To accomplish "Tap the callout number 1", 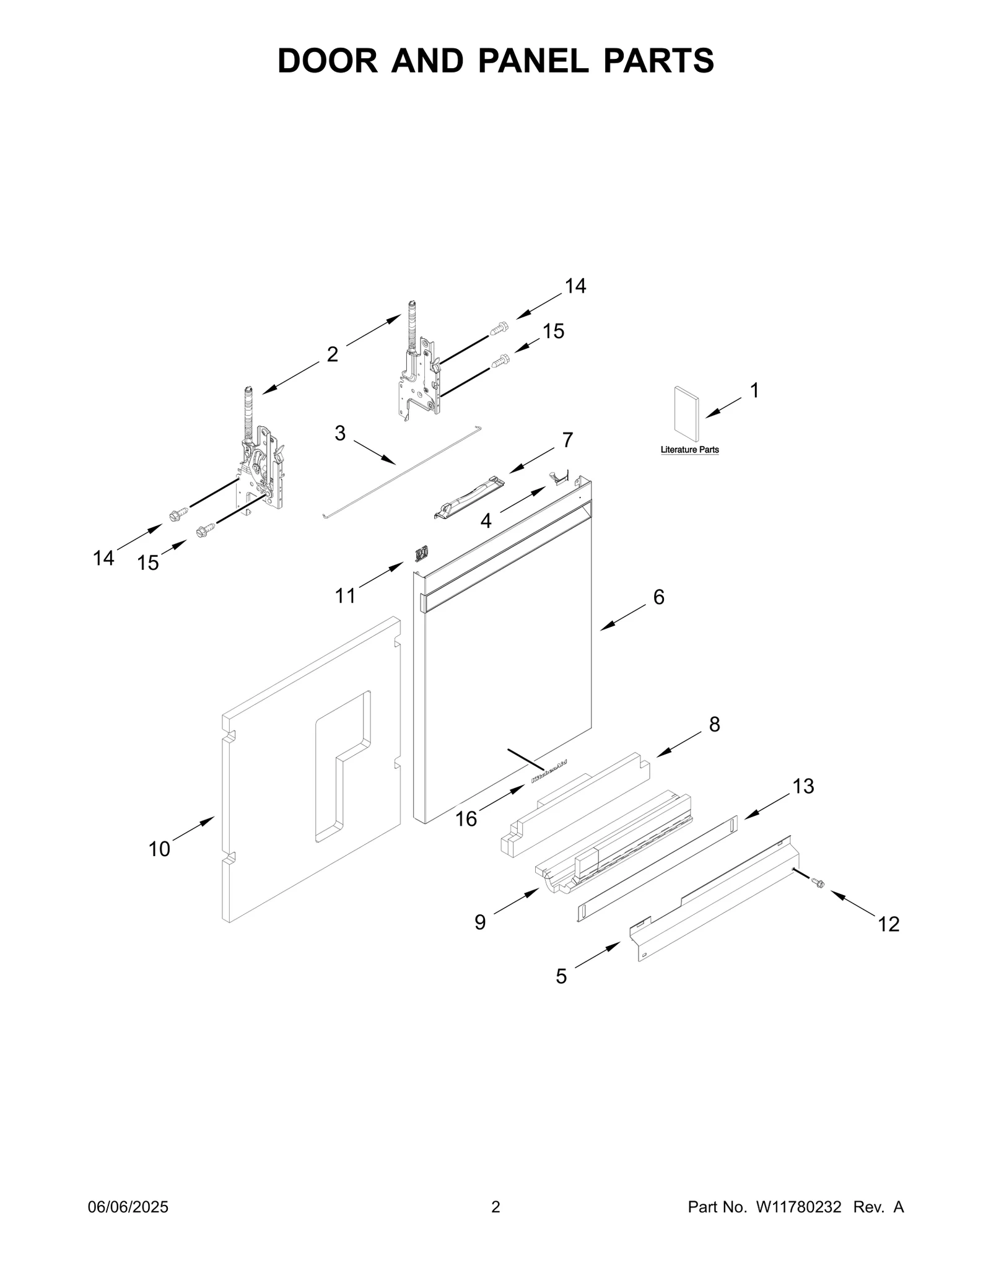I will coord(754,391).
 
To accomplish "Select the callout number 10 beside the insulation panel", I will coord(159,849).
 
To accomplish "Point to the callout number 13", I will coord(803,787).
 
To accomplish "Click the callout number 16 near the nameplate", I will coord(466,819).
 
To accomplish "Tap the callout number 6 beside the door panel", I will coord(658,597).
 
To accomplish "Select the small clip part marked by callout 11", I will coord(422,552).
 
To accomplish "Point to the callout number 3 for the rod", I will coord(339,433).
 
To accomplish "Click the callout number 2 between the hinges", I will coord(333,354).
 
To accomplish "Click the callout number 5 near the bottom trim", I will coord(561,977).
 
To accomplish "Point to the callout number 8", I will coord(714,724).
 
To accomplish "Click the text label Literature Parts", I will coord(689,450).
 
